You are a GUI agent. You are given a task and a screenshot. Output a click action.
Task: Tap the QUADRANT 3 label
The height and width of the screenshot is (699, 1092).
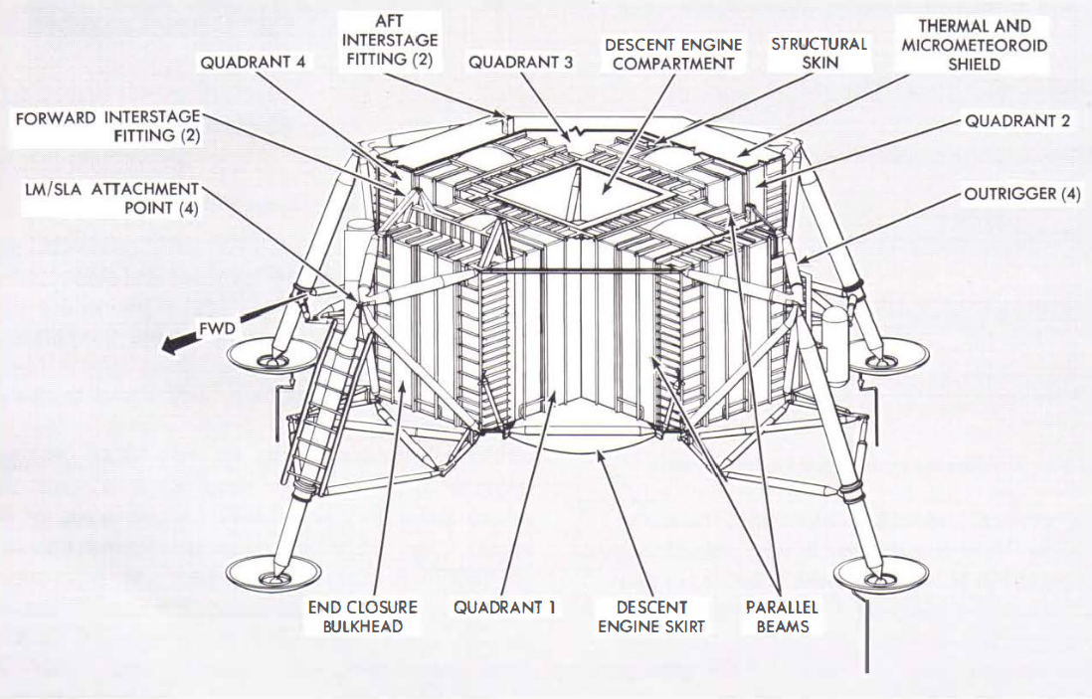(x=520, y=62)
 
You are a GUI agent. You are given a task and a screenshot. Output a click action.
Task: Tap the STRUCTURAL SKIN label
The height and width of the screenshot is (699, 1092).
(x=819, y=54)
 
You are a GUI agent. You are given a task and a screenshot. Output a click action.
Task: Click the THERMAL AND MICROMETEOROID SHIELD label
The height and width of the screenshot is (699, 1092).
(x=976, y=45)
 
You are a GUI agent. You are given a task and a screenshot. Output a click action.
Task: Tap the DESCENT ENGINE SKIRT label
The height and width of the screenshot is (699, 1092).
(x=653, y=615)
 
